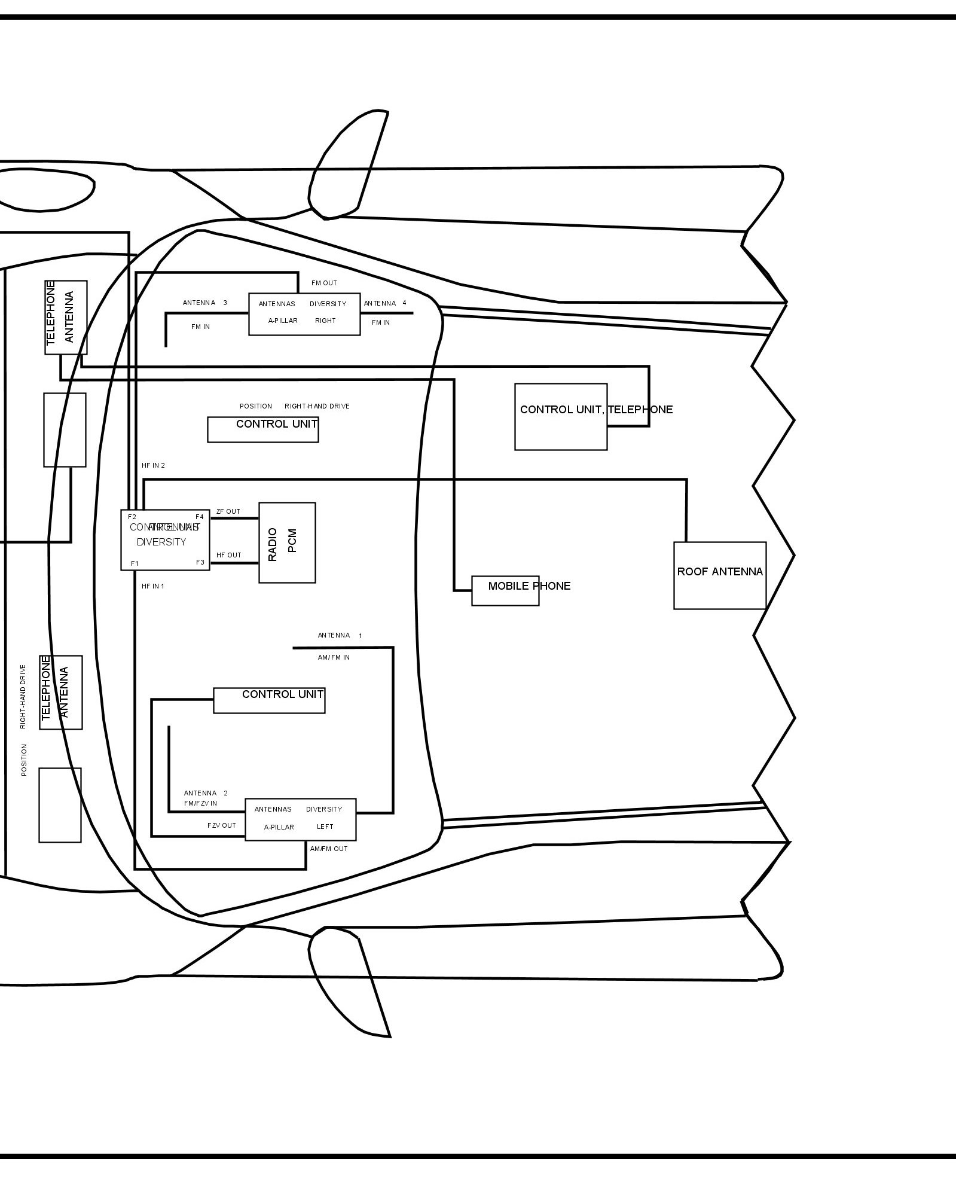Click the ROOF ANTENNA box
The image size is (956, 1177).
point(719,575)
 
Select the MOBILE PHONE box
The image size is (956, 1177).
point(505,590)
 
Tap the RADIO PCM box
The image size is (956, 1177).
point(287,542)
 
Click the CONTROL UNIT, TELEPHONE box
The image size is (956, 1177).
point(561,416)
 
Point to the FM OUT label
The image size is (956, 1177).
point(324,283)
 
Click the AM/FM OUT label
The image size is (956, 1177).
point(329,849)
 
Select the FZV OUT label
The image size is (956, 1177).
point(222,825)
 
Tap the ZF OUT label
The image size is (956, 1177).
point(228,511)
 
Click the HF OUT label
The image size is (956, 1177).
point(229,555)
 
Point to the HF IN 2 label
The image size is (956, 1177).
point(153,465)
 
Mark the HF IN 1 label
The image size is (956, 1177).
point(153,586)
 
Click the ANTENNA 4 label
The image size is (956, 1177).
point(385,303)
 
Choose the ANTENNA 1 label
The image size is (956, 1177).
point(340,635)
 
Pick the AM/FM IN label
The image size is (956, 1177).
point(334,657)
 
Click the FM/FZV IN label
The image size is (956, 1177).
point(200,803)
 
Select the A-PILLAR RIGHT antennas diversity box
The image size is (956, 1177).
point(304,314)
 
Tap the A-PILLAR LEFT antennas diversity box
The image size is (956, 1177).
point(300,819)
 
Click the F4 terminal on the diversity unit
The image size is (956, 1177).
point(200,517)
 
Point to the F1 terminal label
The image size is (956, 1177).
point(135,563)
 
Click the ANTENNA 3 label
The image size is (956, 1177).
point(204,303)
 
